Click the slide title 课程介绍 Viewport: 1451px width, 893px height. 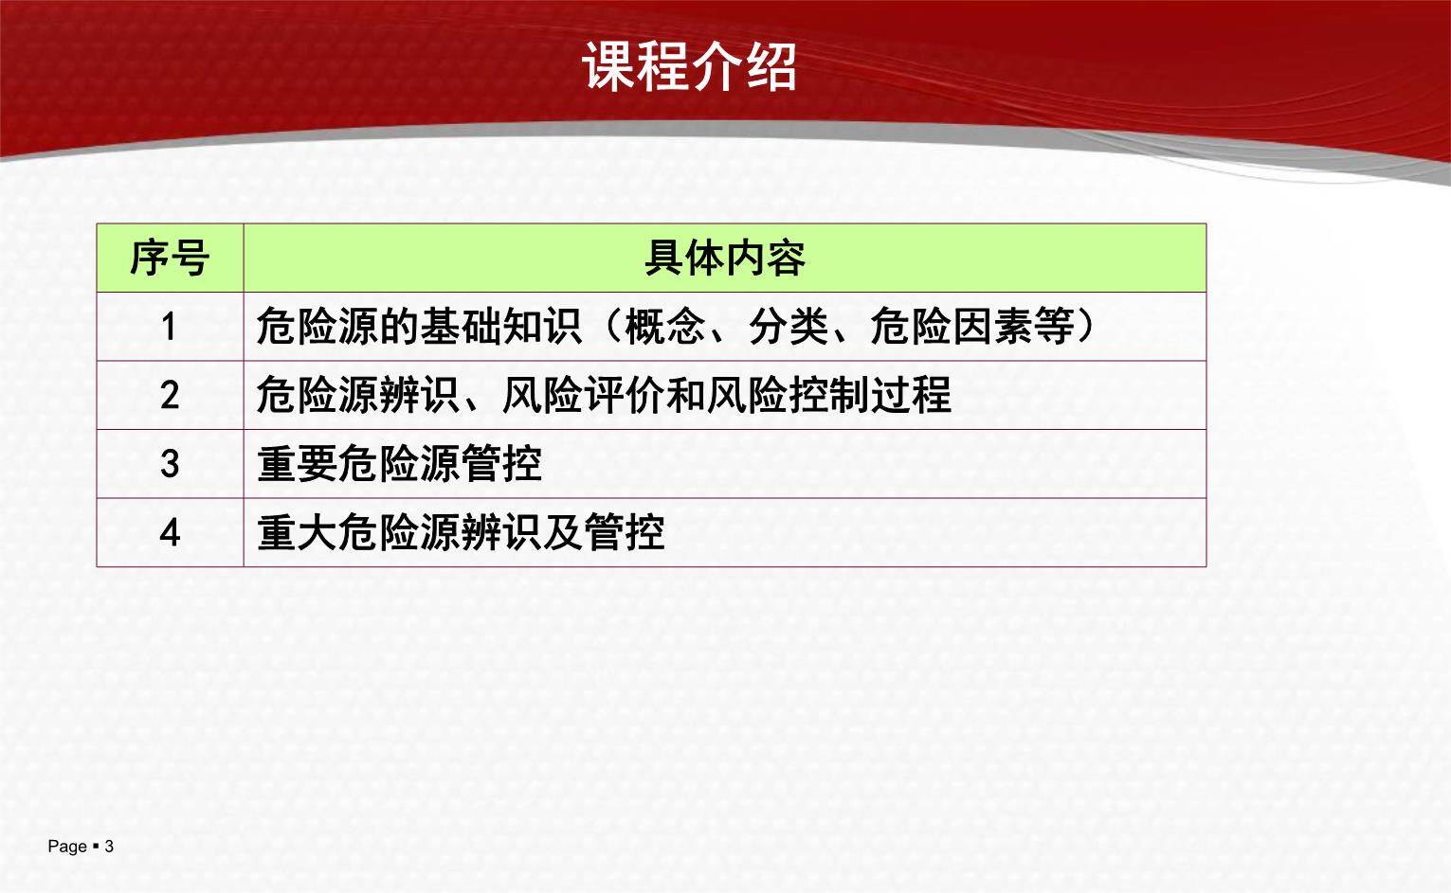pyautogui.click(x=689, y=66)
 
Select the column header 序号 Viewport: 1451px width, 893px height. pyautogui.click(x=170, y=258)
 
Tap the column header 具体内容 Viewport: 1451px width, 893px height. pyautogui.click(x=724, y=258)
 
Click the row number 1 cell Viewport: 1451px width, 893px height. pyautogui.click(x=170, y=327)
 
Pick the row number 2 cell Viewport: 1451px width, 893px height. pyautogui.click(x=170, y=395)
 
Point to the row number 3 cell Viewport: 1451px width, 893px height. pyautogui.click(x=170, y=464)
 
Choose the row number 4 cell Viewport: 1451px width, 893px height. pyautogui.click(x=170, y=532)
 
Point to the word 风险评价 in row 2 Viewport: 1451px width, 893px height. pyautogui.click(x=582, y=395)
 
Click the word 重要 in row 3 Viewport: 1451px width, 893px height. pyautogui.click(x=297, y=464)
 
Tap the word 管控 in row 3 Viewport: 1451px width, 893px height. pyautogui.click(x=501, y=464)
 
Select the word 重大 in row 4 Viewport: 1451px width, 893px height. pyautogui.click(x=297, y=532)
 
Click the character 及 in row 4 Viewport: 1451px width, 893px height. pyautogui.click(x=562, y=532)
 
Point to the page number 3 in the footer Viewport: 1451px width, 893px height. pyautogui.click(x=109, y=847)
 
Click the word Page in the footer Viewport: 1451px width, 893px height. pyautogui.click(x=67, y=847)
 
